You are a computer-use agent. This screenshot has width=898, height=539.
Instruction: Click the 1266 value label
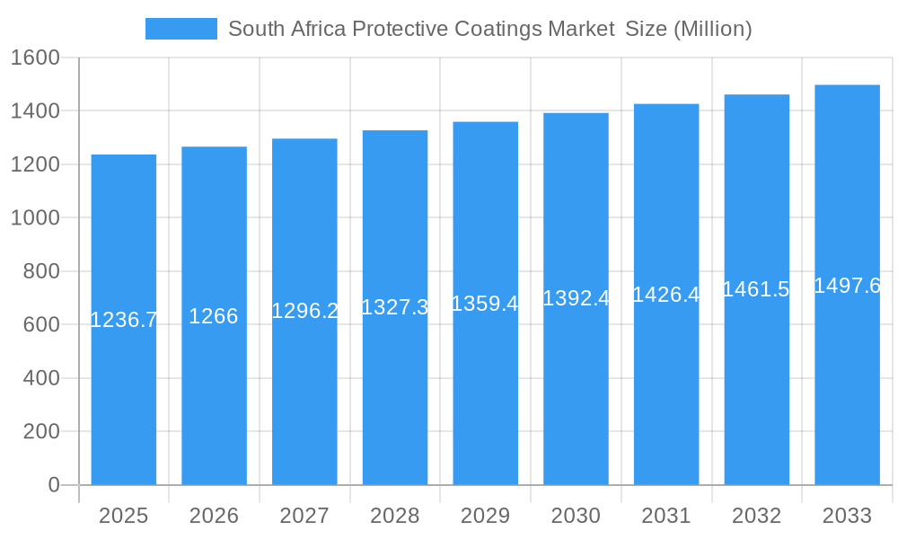coord(214,316)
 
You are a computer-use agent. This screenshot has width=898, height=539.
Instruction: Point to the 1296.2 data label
coord(305,311)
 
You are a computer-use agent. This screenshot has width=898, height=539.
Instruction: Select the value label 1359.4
coord(485,304)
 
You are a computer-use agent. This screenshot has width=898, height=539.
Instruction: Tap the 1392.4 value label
coord(576,298)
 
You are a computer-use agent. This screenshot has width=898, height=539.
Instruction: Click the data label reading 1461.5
coord(756,289)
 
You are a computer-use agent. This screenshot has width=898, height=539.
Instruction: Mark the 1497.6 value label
coord(847,286)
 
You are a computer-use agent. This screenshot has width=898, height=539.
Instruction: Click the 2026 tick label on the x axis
coord(214,516)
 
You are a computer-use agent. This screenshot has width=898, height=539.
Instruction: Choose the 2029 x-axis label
coord(485,516)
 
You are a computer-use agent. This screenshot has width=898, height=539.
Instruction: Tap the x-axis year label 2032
coord(756,516)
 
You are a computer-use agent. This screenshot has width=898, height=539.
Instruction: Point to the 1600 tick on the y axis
coord(34,58)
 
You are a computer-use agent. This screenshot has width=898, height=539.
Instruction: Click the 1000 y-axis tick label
coord(34,218)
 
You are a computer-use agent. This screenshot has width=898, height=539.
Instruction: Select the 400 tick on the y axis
coord(41,378)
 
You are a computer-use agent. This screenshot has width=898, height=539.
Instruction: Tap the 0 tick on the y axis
coord(53,485)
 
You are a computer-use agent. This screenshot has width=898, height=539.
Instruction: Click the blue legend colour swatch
coord(181,29)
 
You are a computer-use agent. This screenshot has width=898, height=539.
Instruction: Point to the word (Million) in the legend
coord(712,29)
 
